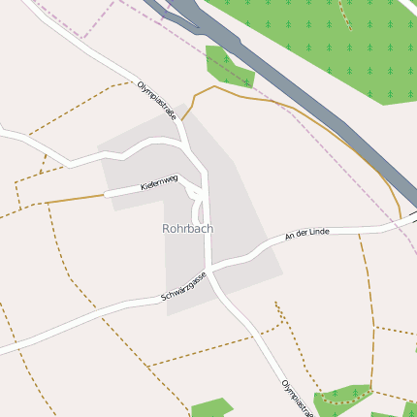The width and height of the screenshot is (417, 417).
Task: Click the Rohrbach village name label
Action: pyautogui.click(x=187, y=229)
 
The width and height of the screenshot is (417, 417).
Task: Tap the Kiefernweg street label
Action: pyautogui.click(x=159, y=182)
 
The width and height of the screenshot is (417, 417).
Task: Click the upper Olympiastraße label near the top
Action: pyautogui.click(x=157, y=100)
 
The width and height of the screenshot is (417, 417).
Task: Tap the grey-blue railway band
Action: pyautogui.click(x=291, y=87)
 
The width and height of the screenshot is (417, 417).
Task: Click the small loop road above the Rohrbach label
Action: pyautogui.click(x=198, y=206)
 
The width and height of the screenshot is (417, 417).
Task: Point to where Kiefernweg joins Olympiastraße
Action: pyautogui.click(x=205, y=177)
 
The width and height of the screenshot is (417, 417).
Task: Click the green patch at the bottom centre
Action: pyautogui.click(x=210, y=407)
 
